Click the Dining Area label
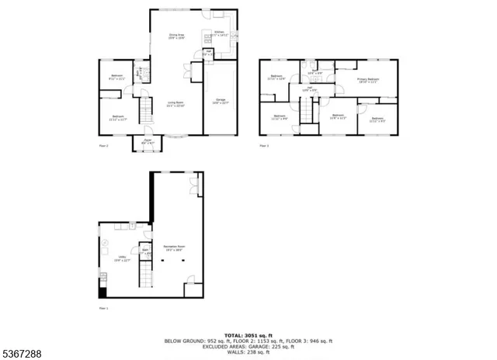tap(176, 35)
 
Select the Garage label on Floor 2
tap(221, 102)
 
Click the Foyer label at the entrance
tap(148, 140)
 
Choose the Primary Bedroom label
tap(368, 80)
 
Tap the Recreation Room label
tap(173, 248)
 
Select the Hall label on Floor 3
tap(309, 88)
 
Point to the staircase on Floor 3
tap(310, 111)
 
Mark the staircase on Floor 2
tap(144, 109)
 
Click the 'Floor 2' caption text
tap(103, 146)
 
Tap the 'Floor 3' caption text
tap(264, 146)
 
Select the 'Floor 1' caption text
tap(103, 308)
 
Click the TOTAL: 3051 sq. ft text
tap(248, 334)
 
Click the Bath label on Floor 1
tap(144, 250)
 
